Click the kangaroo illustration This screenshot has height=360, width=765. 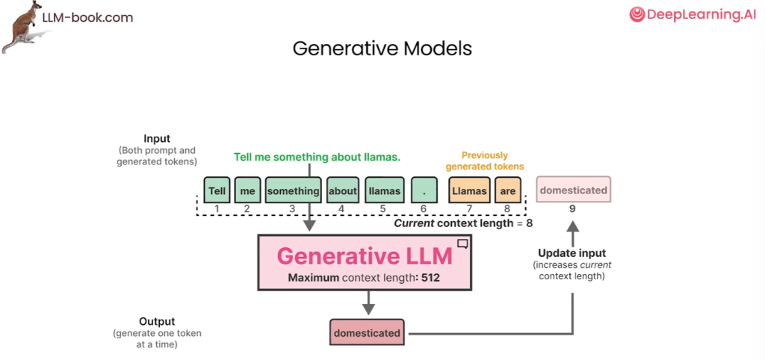pos(22,26)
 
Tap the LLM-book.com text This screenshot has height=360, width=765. pos(87,17)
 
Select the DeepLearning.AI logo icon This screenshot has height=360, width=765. pos(637,13)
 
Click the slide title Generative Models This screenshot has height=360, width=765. pos(382,49)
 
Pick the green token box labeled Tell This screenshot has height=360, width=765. pos(217,190)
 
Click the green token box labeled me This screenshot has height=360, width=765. pos(248,190)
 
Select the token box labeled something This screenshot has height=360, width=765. pos(293,190)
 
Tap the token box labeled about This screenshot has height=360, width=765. pos(342,190)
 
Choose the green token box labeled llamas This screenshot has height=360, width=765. pos(384,190)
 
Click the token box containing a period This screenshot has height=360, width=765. pos(424,190)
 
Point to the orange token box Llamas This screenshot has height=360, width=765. pos(469,190)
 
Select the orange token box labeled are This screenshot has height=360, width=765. pos(507,190)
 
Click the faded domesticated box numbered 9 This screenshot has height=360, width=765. pos(573,190)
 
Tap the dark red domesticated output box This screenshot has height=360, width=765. pos(366,332)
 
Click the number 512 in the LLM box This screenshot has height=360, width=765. pos(430,278)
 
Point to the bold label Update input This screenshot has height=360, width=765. pos(572,253)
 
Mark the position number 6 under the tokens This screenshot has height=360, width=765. pos(424,209)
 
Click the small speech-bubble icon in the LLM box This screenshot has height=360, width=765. pos(463,243)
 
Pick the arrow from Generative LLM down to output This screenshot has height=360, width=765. pos(367,302)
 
